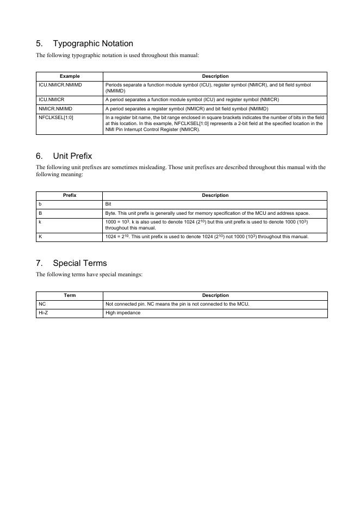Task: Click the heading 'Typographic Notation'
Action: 93,44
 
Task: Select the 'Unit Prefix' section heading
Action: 72,157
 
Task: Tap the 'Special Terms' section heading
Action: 80,264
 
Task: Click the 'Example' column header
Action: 70,77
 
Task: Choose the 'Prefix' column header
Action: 70,195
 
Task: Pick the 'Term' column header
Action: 70,295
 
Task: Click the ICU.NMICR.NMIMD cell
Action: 60,85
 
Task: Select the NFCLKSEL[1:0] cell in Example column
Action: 56,117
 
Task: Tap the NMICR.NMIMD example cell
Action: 55,109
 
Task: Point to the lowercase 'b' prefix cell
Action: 40,204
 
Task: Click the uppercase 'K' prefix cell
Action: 40,237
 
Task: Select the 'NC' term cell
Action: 42,304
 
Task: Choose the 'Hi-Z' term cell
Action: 43,313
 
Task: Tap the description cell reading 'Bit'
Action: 108,204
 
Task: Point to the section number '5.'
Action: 40,44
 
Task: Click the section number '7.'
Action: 40,264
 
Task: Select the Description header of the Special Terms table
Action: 215,295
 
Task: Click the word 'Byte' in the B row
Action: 110,213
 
